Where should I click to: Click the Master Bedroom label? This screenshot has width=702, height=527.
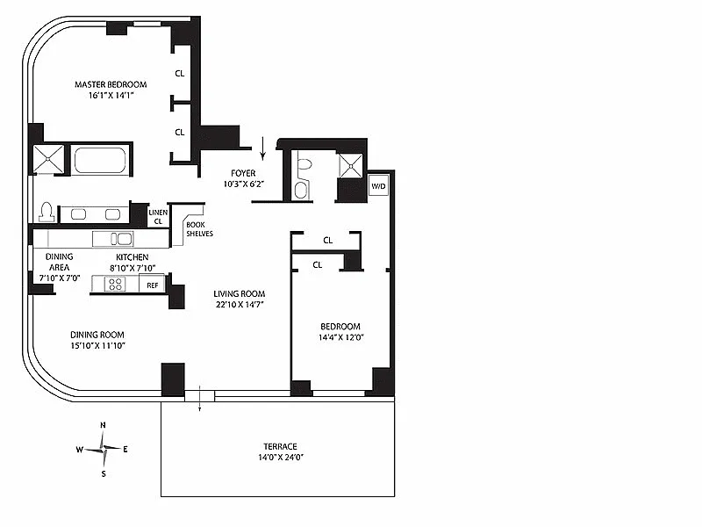(111, 84)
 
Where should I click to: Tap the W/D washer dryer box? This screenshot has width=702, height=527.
(378, 186)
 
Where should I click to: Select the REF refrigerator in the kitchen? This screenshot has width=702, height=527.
(152, 285)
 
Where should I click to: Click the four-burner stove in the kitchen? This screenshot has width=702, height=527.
(115, 284)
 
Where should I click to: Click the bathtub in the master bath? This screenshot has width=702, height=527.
(100, 161)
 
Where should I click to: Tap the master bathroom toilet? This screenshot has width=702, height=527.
(47, 212)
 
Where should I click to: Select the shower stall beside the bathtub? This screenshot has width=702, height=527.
(49, 159)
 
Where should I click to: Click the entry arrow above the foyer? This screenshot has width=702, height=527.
(262, 148)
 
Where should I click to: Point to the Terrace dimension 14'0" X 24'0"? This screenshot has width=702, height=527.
(281, 457)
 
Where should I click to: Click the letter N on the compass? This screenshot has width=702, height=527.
(103, 425)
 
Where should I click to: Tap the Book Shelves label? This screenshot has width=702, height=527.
(200, 229)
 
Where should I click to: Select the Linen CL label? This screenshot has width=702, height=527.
(158, 216)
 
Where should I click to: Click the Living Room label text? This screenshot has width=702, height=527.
(239, 293)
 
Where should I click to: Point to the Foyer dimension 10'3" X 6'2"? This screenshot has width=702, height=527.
(244, 184)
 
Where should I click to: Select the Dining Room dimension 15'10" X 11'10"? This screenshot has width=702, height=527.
(97, 345)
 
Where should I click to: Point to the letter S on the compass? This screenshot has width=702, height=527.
(104, 473)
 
